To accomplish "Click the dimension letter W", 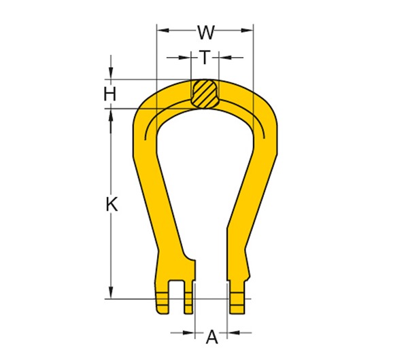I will pos(205,32).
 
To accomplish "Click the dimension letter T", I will pos(205,58).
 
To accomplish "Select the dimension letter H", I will pos(110,94).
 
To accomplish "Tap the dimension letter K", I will pos(112,204).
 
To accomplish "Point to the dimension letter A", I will pos(211,336).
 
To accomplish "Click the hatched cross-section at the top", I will pos(205,94).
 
